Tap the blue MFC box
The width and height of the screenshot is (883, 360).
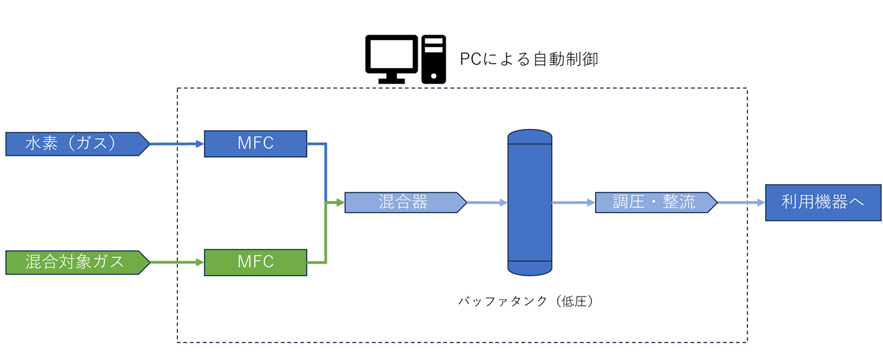click(255, 144)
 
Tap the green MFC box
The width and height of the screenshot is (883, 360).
click(255, 262)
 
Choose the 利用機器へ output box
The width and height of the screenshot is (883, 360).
click(823, 202)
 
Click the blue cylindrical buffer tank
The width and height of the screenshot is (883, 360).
click(530, 203)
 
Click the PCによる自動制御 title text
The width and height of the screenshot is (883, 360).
click(529, 60)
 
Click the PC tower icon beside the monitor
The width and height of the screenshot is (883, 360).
click(433, 59)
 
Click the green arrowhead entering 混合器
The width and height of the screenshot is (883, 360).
click(339, 203)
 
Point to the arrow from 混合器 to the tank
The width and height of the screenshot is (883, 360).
click(487, 203)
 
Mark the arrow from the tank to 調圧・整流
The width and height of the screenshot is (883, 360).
click(573, 203)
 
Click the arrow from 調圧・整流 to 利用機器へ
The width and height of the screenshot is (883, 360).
click(741, 203)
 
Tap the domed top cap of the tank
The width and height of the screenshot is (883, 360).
click(530, 136)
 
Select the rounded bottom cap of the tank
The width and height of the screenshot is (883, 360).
click(530, 269)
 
